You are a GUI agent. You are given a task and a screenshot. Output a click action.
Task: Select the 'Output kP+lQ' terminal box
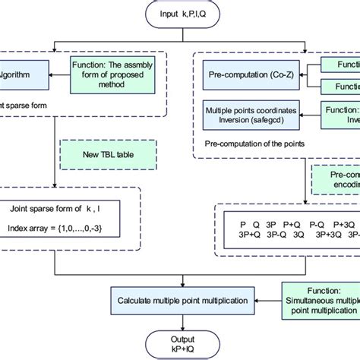pos(179,341)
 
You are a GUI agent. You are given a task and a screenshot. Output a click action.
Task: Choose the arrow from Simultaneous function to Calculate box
pos(267,301)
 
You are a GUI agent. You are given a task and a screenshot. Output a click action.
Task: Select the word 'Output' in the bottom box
pos(179,336)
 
